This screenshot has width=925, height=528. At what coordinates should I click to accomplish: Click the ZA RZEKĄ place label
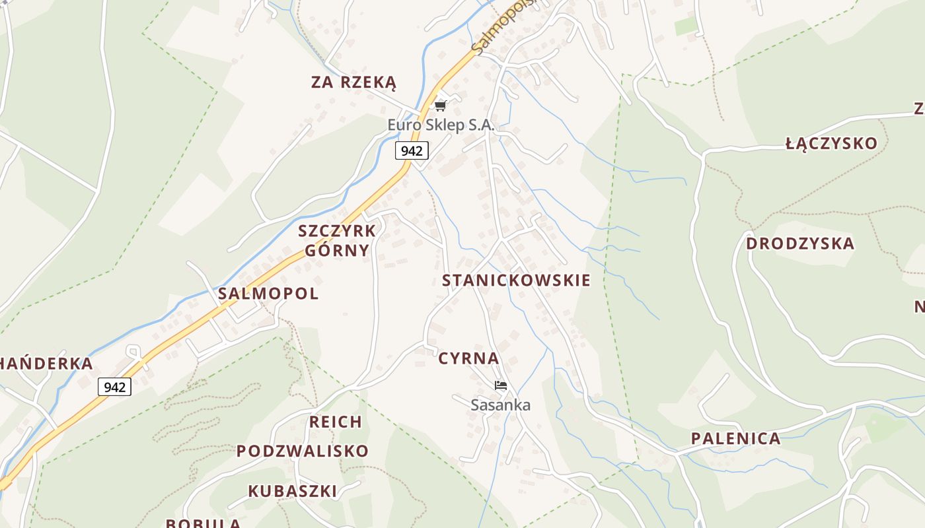click(353, 82)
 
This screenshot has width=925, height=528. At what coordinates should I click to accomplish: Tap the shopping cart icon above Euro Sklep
click(441, 106)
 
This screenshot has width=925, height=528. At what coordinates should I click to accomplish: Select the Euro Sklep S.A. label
click(441, 125)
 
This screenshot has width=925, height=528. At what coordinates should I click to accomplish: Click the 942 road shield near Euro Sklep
click(412, 150)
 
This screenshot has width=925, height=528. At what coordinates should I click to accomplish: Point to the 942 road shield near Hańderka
click(114, 387)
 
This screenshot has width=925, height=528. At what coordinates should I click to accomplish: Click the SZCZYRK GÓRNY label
click(337, 241)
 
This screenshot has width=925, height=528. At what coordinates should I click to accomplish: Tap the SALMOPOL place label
click(268, 294)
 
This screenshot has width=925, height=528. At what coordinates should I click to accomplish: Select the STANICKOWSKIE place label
click(516, 280)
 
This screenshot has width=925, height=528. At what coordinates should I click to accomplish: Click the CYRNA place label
click(468, 358)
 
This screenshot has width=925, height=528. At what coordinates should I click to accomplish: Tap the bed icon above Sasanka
click(501, 385)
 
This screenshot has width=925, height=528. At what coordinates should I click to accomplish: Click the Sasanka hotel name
click(500, 405)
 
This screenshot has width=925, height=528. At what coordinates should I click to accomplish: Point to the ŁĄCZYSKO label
click(831, 143)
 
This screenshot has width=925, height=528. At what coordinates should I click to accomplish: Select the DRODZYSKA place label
click(800, 244)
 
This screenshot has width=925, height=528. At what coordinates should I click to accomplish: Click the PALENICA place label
click(735, 438)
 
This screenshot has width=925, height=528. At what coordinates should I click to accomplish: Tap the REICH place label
click(336, 422)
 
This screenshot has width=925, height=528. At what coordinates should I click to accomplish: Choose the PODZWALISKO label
click(303, 451)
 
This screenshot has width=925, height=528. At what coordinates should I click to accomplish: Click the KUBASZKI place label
click(292, 491)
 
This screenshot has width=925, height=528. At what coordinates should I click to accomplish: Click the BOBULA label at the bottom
click(203, 523)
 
